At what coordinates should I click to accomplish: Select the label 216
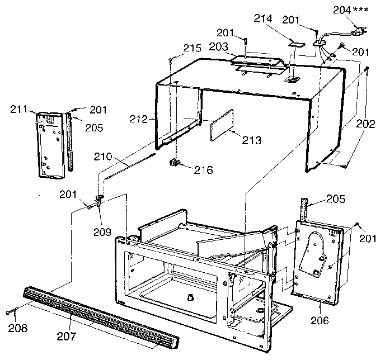pos(203,169)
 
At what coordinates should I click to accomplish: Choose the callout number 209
pos(102,230)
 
